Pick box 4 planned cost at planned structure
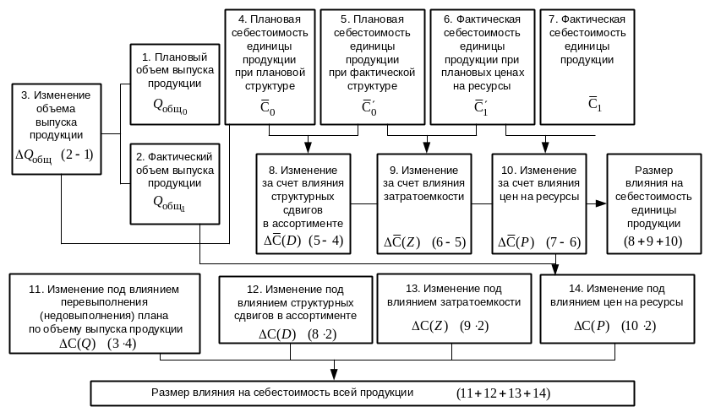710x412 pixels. tap(266, 64)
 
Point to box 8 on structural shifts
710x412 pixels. tap(303, 203)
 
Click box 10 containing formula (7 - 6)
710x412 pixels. tap(538, 203)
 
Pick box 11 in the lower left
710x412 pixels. tap(105, 313)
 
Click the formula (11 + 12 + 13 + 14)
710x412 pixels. tap(503, 393)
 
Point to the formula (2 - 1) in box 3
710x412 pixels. tap(78, 154)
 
